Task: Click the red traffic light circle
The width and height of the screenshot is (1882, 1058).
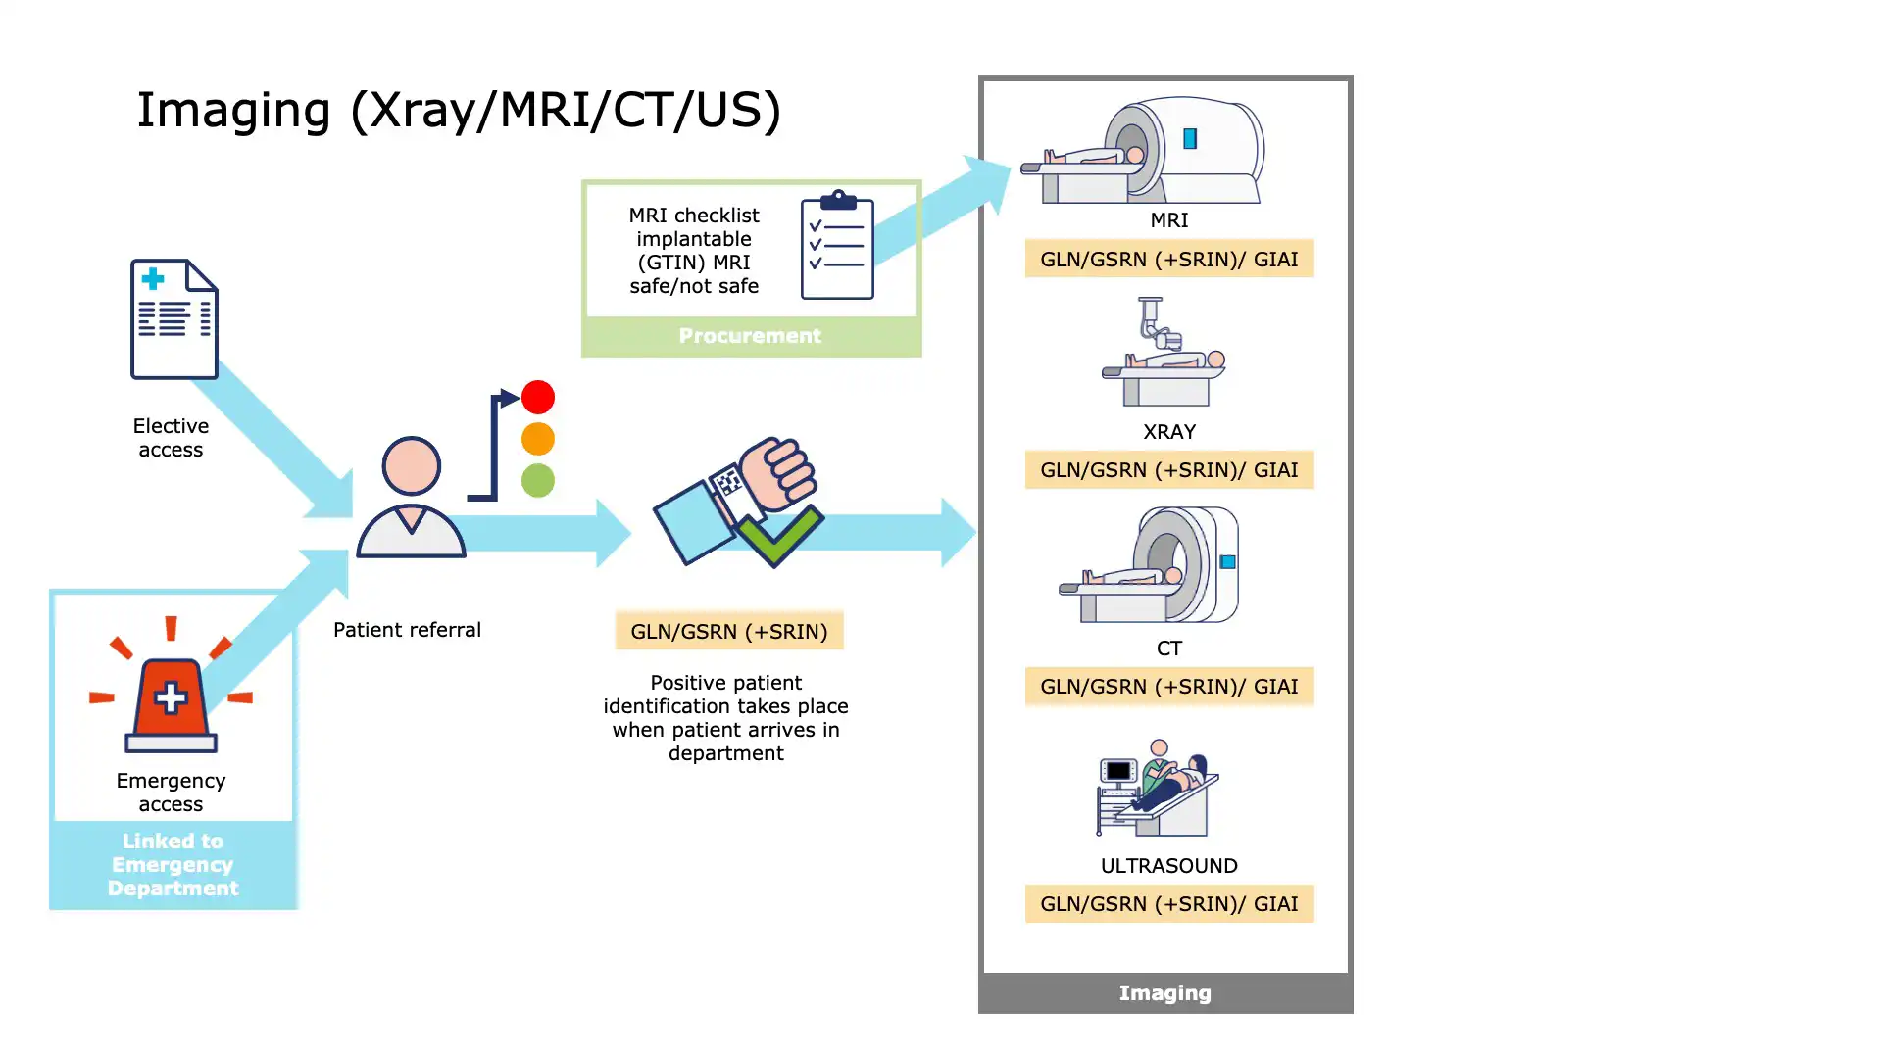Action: point(538,397)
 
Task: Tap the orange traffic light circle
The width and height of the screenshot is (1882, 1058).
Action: point(538,439)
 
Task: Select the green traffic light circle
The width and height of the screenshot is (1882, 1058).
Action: point(538,480)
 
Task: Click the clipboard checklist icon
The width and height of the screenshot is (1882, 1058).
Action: point(837,245)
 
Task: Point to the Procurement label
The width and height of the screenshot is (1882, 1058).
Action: point(750,336)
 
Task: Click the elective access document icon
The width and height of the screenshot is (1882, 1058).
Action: point(174,319)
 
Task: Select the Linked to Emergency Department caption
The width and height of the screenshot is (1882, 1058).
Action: point(173,864)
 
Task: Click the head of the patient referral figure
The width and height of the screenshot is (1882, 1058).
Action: point(411,465)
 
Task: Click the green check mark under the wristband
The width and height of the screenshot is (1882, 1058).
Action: point(778,536)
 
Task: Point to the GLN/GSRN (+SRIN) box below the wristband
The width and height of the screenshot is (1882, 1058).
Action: point(729,631)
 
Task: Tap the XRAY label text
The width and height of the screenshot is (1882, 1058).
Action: point(1169,432)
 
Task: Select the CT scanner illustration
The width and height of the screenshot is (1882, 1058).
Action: point(1152,565)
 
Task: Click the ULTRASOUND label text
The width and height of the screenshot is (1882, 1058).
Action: point(1168,866)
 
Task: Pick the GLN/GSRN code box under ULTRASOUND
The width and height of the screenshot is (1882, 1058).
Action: point(1168,904)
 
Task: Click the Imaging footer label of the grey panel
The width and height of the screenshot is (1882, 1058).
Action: point(1164,993)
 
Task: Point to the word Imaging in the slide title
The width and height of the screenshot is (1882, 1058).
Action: point(233,110)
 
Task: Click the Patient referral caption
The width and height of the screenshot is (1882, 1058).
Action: point(407,630)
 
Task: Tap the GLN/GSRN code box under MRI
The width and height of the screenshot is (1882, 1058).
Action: point(1168,259)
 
